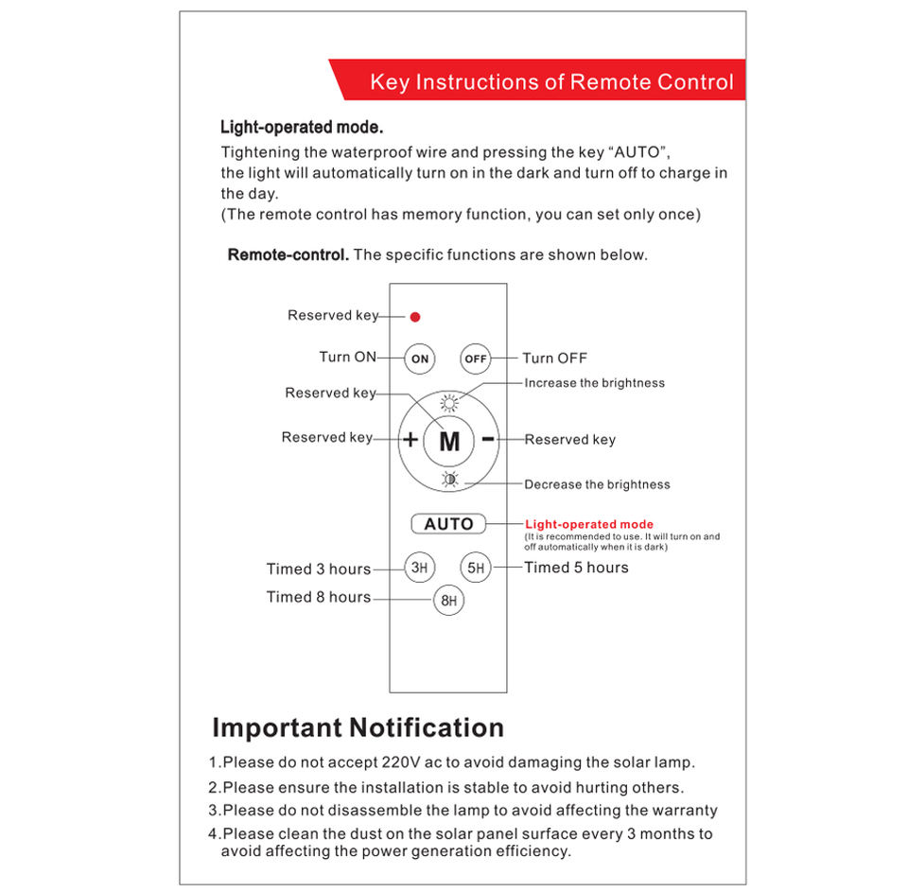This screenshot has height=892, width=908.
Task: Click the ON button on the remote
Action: click(420, 359)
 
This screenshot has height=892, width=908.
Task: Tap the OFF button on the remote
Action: click(476, 359)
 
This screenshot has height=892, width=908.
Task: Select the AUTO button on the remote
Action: click(448, 524)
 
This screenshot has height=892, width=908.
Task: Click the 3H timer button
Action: click(420, 568)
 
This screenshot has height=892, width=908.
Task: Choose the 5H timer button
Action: click(476, 568)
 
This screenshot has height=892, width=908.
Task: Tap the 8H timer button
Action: click(449, 601)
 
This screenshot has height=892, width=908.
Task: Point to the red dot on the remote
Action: click(415, 317)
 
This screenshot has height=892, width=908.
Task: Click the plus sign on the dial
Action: click(410, 440)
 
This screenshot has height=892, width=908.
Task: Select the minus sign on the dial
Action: click(488, 439)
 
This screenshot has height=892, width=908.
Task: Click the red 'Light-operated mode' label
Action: click(588, 524)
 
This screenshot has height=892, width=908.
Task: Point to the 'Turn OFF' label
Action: click(554, 359)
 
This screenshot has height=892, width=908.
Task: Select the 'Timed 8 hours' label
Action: click(319, 597)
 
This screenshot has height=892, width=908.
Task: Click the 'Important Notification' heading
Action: click(358, 727)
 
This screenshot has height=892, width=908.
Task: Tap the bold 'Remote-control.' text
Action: click(288, 254)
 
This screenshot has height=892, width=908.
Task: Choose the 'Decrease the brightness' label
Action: click(597, 484)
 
